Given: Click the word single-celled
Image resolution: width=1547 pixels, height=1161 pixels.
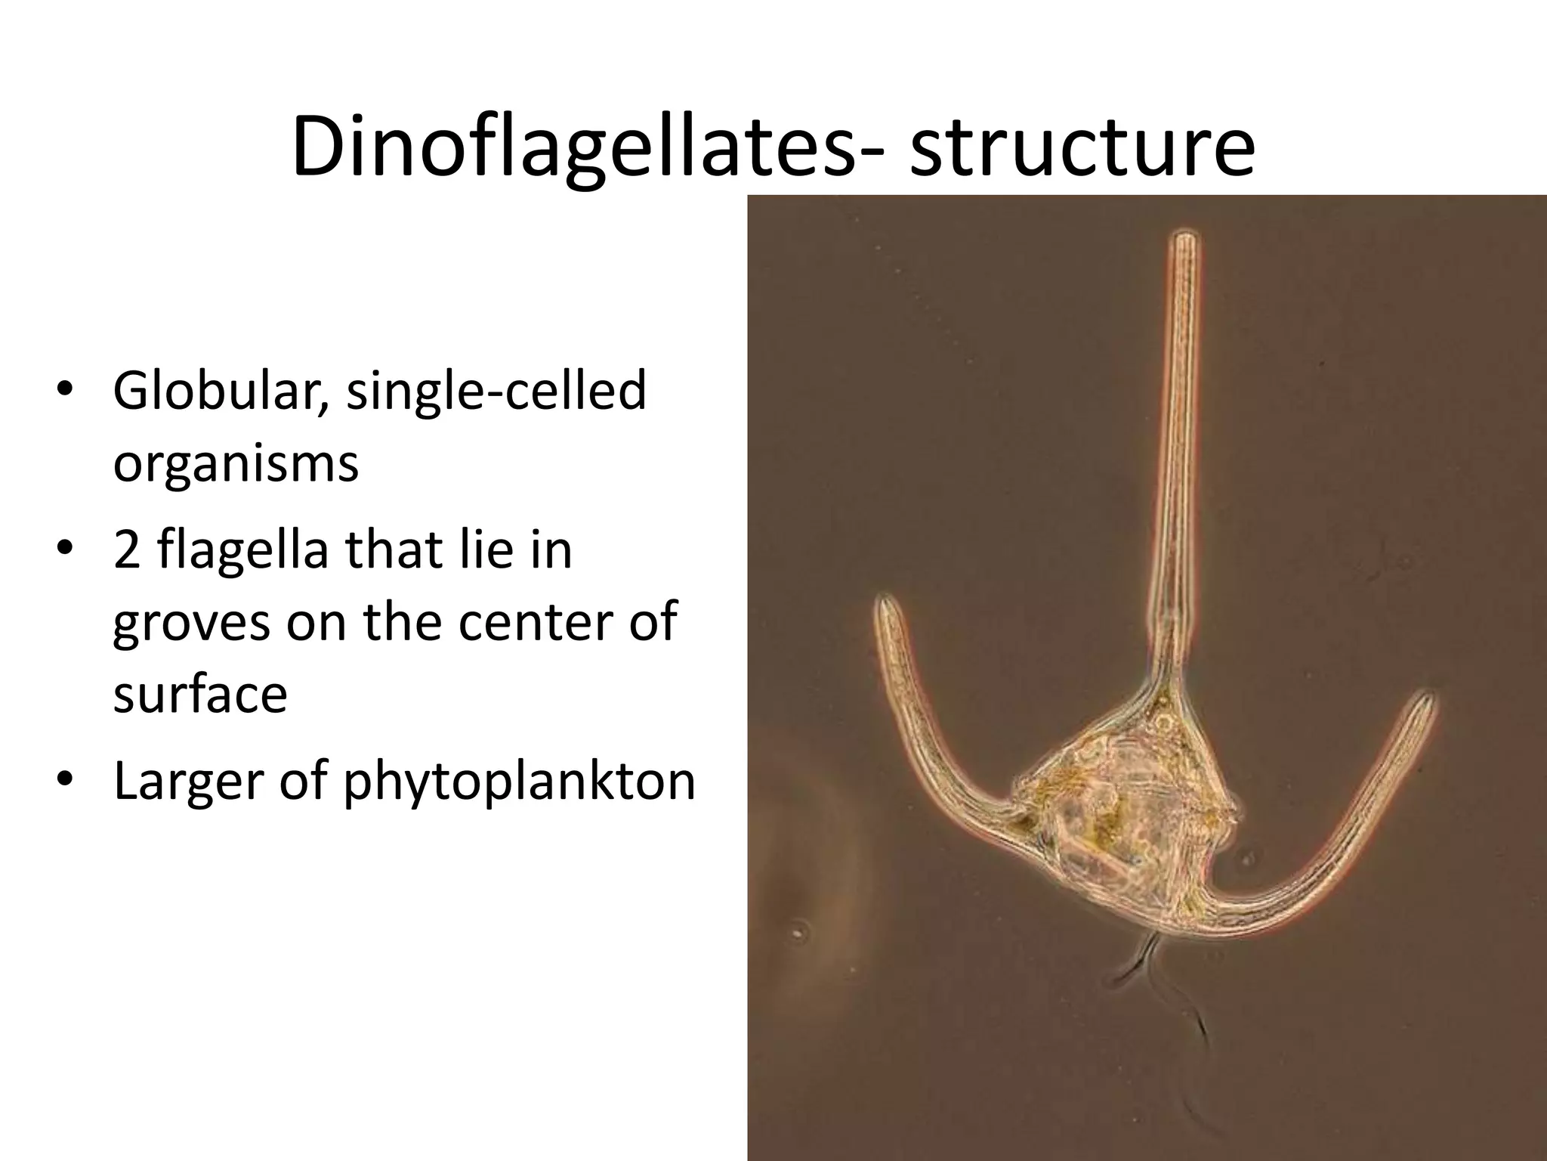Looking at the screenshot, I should point(496,391).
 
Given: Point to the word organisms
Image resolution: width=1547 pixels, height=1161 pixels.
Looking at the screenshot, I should point(236,464).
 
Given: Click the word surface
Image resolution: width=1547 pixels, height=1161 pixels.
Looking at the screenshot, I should point(200,694).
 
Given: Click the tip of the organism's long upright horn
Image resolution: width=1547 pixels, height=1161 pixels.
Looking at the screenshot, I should point(1184,240).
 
